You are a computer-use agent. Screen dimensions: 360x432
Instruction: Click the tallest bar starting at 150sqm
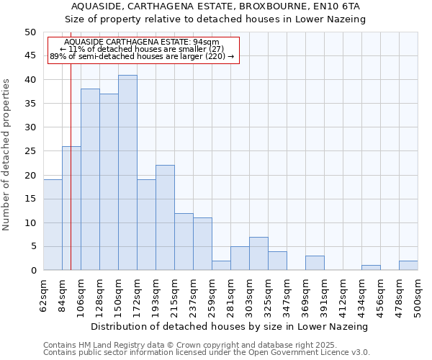pyautogui.click(x=127, y=173)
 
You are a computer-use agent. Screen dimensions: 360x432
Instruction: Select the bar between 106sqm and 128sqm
pyautogui.click(x=90, y=179)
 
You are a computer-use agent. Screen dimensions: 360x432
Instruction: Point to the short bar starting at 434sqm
pyautogui.click(x=371, y=268)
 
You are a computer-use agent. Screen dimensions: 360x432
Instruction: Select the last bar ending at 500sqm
pyautogui.click(x=408, y=266)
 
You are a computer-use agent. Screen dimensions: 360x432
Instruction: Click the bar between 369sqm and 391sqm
pyautogui.click(x=315, y=263)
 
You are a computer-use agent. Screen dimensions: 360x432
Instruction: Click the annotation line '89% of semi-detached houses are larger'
pyautogui.click(x=142, y=56)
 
